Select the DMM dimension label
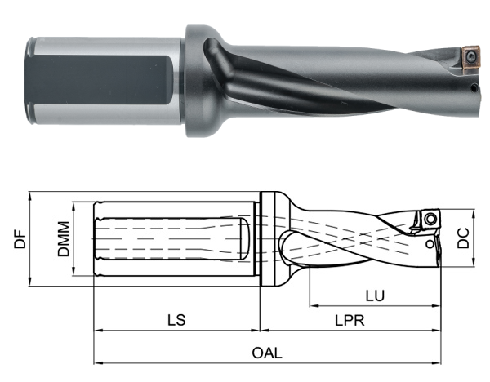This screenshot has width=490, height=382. pos(63,239)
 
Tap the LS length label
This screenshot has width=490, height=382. pos(176,319)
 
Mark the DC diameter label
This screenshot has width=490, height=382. pos(463,238)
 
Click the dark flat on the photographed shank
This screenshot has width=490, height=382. pos(97,78)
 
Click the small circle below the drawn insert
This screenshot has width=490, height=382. pos(429,243)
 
